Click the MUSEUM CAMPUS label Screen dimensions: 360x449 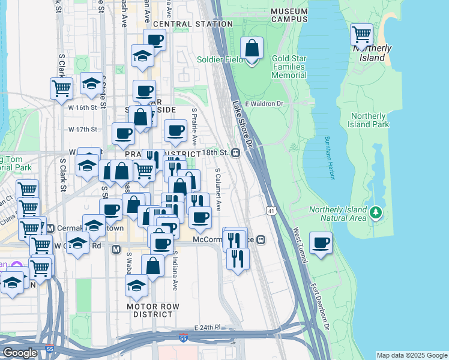pos(289,15)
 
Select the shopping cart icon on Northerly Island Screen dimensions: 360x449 pos(361,34)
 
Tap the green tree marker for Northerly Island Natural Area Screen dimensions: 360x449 pos(376,212)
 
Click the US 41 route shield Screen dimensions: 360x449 pos(271,211)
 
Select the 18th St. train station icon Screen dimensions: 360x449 pos(237,152)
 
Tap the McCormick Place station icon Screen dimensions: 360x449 pos(261,239)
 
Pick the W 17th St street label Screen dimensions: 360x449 pos(82,130)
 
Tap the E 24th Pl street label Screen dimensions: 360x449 pos(208,328)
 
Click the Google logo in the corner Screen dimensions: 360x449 pos(20,353)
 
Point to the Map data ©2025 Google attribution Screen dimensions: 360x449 pos(411,355)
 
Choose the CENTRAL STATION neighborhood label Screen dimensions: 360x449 pos(193,24)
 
